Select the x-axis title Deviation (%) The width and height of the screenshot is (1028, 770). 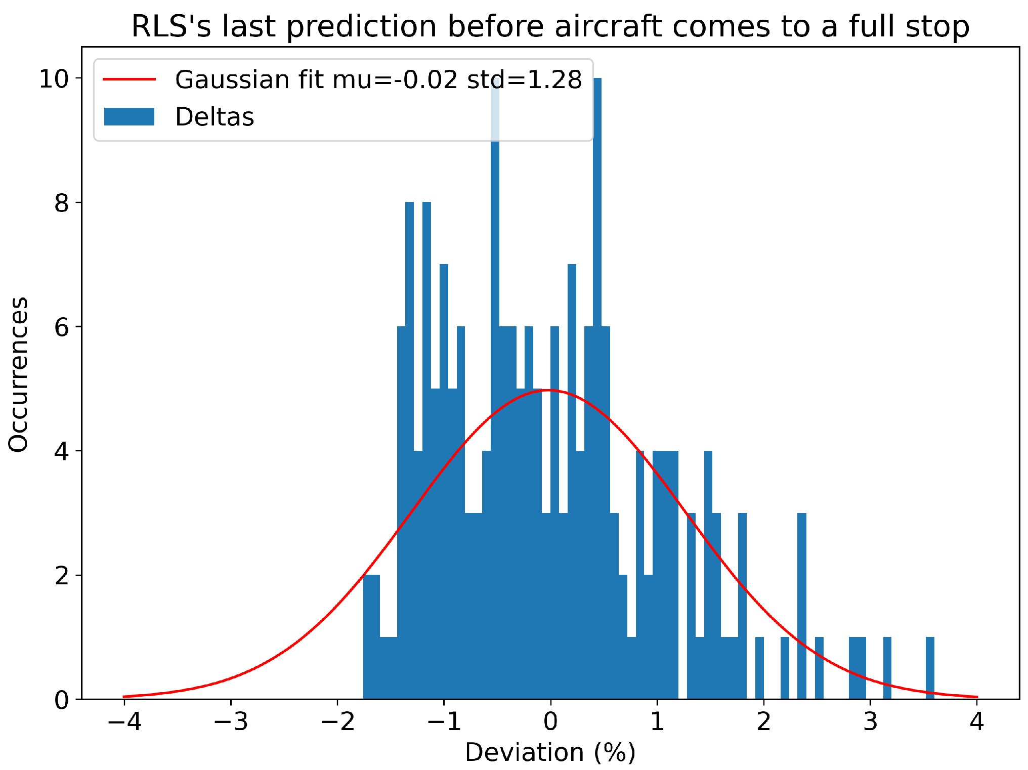(550, 752)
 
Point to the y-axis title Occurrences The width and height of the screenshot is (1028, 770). (19, 374)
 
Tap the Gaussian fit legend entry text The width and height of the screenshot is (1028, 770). (378, 80)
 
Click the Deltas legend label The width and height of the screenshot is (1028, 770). (214, 117)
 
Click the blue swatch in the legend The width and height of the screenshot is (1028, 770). (129, 117)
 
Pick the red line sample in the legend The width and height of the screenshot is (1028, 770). (129, 79)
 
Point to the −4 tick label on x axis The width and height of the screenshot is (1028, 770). (124, 722)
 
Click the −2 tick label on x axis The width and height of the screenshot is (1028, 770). (337, 722)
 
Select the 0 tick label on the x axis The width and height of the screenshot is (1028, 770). (550, 722)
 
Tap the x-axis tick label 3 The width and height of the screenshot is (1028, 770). (870, 722)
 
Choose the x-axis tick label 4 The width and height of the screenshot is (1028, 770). (977, 722)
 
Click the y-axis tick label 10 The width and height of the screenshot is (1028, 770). (54, 79)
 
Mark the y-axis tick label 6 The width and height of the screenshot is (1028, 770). (61, 327)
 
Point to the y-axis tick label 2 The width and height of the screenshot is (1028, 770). (61, 576)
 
